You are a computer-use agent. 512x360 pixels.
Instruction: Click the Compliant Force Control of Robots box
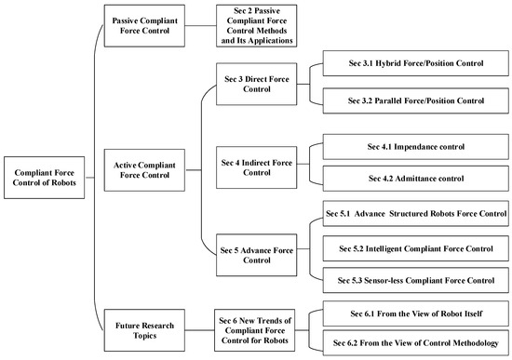click(46, 174)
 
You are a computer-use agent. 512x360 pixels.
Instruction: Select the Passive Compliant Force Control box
click(147, 25)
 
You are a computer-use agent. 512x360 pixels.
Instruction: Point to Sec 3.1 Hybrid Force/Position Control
click(416, 65)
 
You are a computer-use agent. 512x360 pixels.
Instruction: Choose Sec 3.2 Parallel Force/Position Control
click(416, 100)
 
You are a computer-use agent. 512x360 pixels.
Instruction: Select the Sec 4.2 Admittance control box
click(416, 177)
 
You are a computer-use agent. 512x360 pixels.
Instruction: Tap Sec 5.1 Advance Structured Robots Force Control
click(416, 214)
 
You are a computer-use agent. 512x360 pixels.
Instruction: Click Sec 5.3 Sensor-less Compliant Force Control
click(416, 280)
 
